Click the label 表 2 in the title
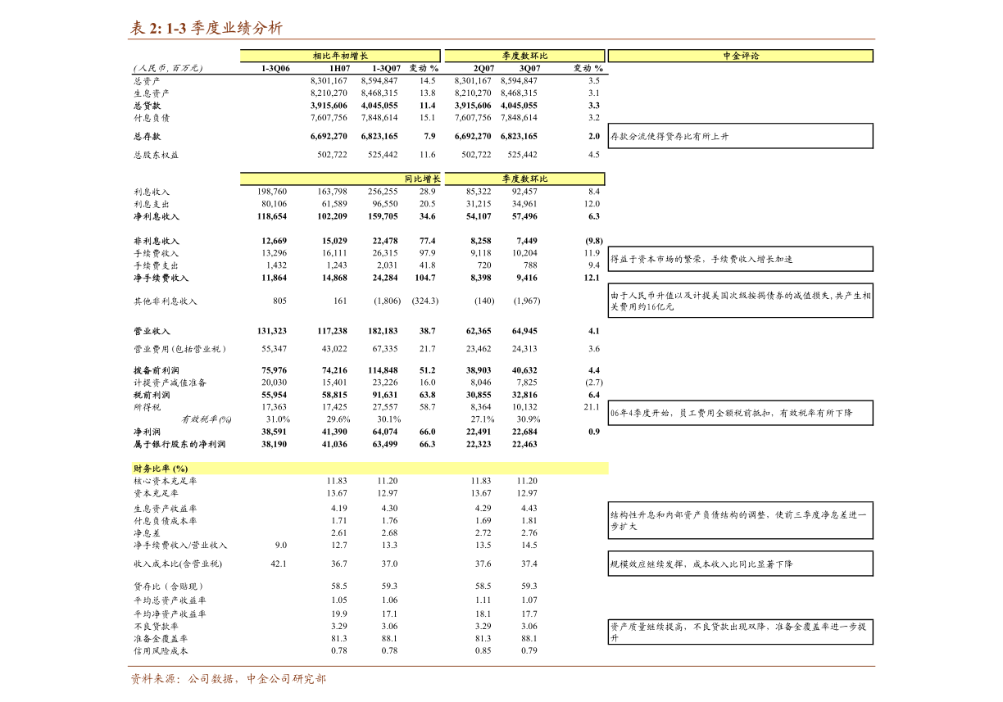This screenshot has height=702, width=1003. click(146, 28)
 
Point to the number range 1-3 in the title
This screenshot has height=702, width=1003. click(176, 28)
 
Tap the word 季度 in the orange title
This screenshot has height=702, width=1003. click(206, 28)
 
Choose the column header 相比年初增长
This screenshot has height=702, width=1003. click(340, 56)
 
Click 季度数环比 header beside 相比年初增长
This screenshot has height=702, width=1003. click(524, 56)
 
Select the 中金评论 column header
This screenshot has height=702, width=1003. click(741, 56)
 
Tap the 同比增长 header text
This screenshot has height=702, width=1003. click(422, 179)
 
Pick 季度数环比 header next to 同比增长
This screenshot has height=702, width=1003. click(524, 179)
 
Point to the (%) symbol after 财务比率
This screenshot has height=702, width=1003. click(180, 469)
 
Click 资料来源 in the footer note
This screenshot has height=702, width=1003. click(152, 679)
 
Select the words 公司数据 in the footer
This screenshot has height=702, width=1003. click(211, 679)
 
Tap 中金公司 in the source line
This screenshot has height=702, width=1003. click(269, 679)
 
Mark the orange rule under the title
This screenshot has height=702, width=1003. click(501, 39)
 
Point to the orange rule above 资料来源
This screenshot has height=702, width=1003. click(501, 666)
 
